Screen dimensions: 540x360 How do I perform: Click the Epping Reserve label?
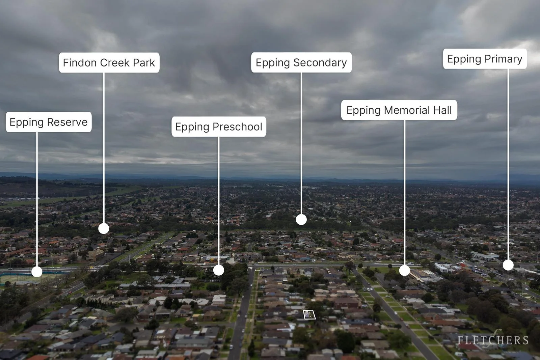click(49, 122)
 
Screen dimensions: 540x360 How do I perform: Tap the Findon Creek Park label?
click(109, 63)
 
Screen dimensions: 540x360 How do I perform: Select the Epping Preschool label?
click(219, 127)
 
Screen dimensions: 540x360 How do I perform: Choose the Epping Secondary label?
click(301, 62)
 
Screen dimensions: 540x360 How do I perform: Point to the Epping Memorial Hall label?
click(399, 110)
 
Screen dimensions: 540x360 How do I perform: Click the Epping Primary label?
click(485, 59)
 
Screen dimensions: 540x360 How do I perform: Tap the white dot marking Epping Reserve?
click(37, 272)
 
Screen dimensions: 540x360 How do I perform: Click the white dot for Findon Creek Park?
click(104, 228)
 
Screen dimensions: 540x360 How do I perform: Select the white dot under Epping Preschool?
click(219, 270)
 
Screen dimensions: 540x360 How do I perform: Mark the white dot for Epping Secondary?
click(301, 220)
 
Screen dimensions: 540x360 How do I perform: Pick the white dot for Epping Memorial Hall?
click(405, 270)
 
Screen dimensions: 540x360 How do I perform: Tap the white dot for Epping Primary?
click(508, 265)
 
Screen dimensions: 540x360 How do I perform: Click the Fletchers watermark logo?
click(493, 339)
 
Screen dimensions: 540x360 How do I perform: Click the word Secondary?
click(320, 63)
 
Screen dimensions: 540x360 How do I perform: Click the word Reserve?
click(67, 122)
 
